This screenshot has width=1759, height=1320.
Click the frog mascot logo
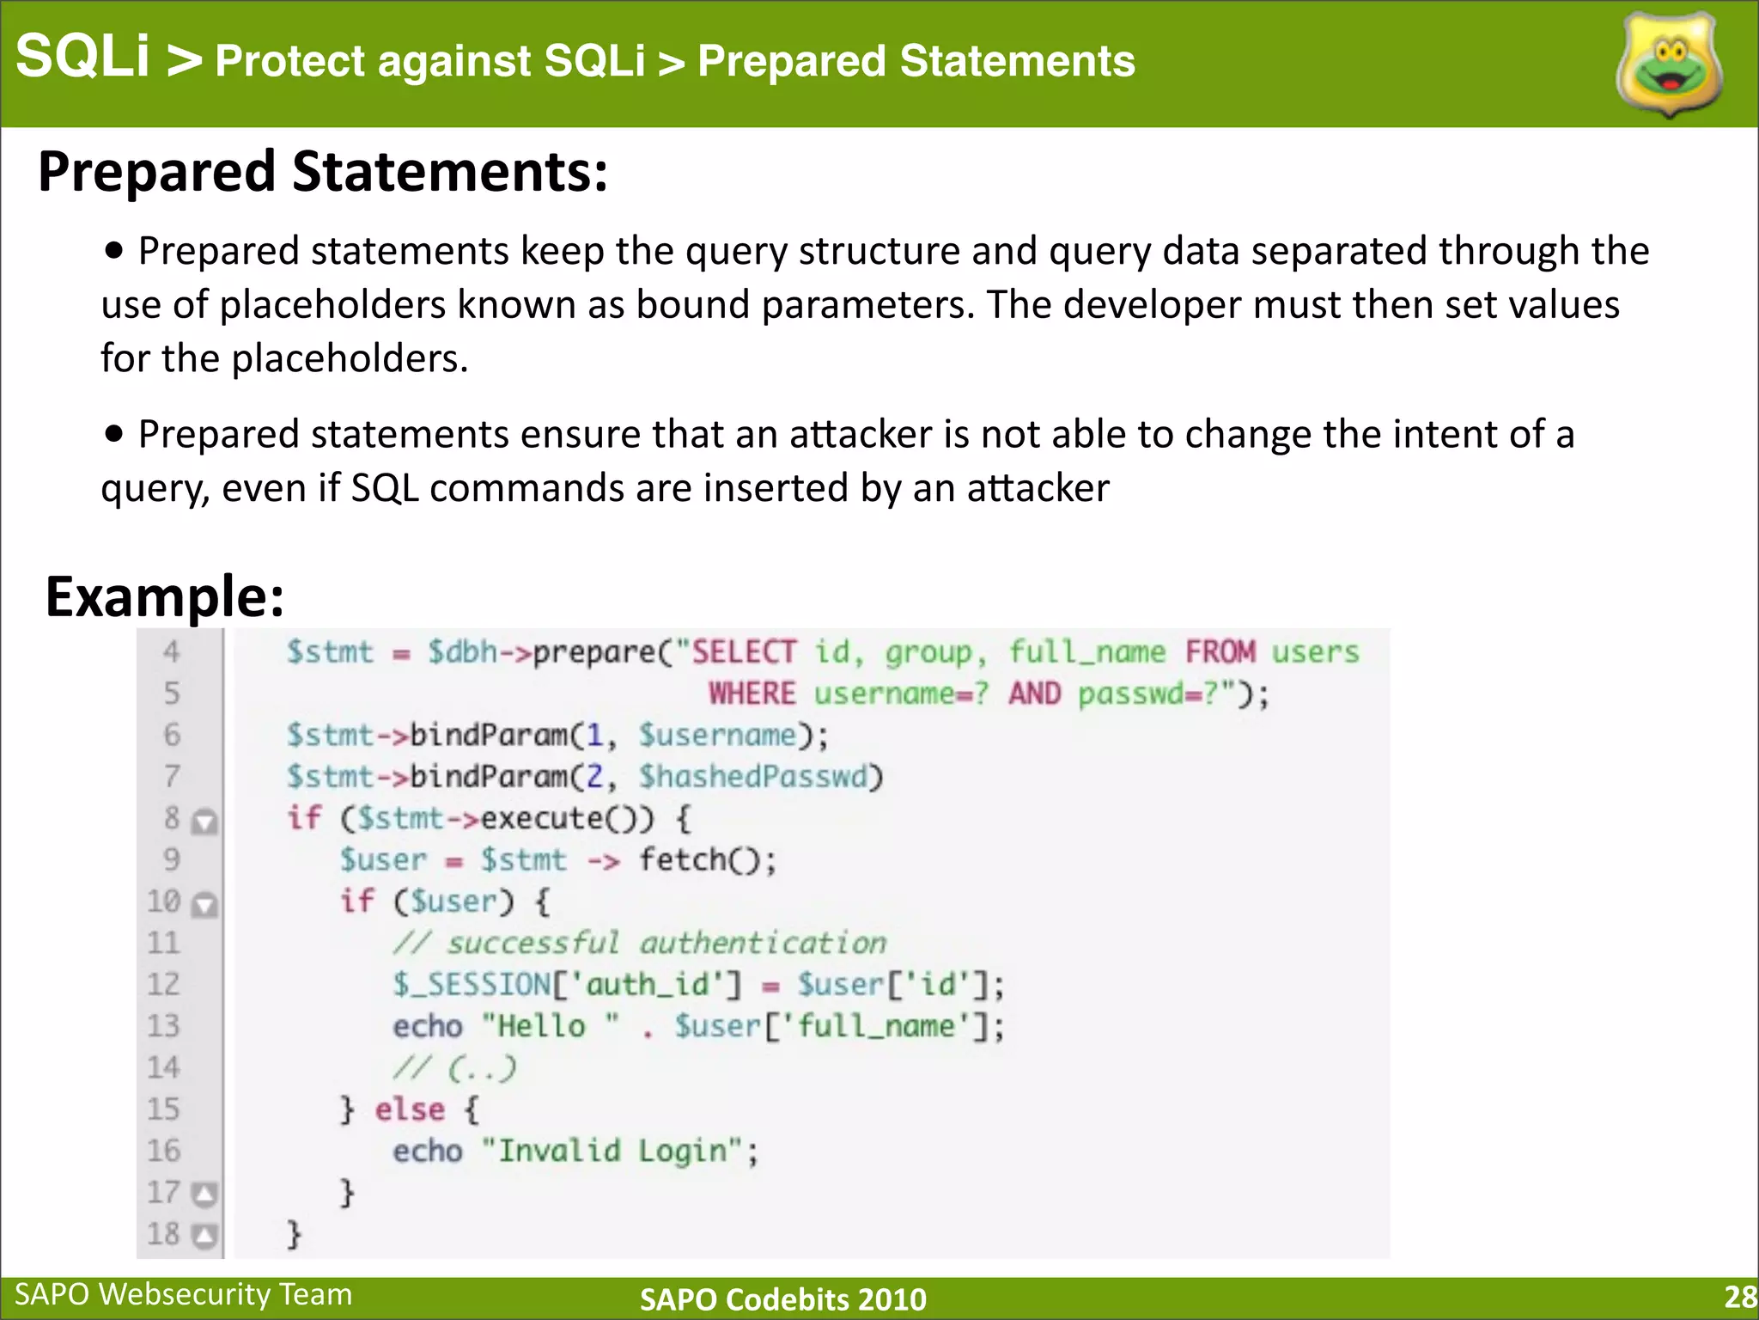(x=1669, y=65)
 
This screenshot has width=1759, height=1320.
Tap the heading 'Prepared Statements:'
(x=323, y=171)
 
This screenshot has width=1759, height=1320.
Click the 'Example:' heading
(x=165, y=596)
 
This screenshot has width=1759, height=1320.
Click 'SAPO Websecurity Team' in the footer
(x=184, y=1294)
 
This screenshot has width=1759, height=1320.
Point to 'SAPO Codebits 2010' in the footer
(x=782, y=1299)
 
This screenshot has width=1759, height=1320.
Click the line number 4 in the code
(x=172, y=652)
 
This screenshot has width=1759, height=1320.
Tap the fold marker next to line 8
(x=204, y=822)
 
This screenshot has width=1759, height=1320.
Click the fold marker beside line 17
(x=204, y=1194)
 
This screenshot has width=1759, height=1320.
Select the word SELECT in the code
(x=744, y=652)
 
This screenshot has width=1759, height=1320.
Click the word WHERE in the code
(x=752, y=694)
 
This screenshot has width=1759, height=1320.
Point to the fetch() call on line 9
(x=707, y=859)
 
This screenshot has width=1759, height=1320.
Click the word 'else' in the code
(x=410, y=1109)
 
